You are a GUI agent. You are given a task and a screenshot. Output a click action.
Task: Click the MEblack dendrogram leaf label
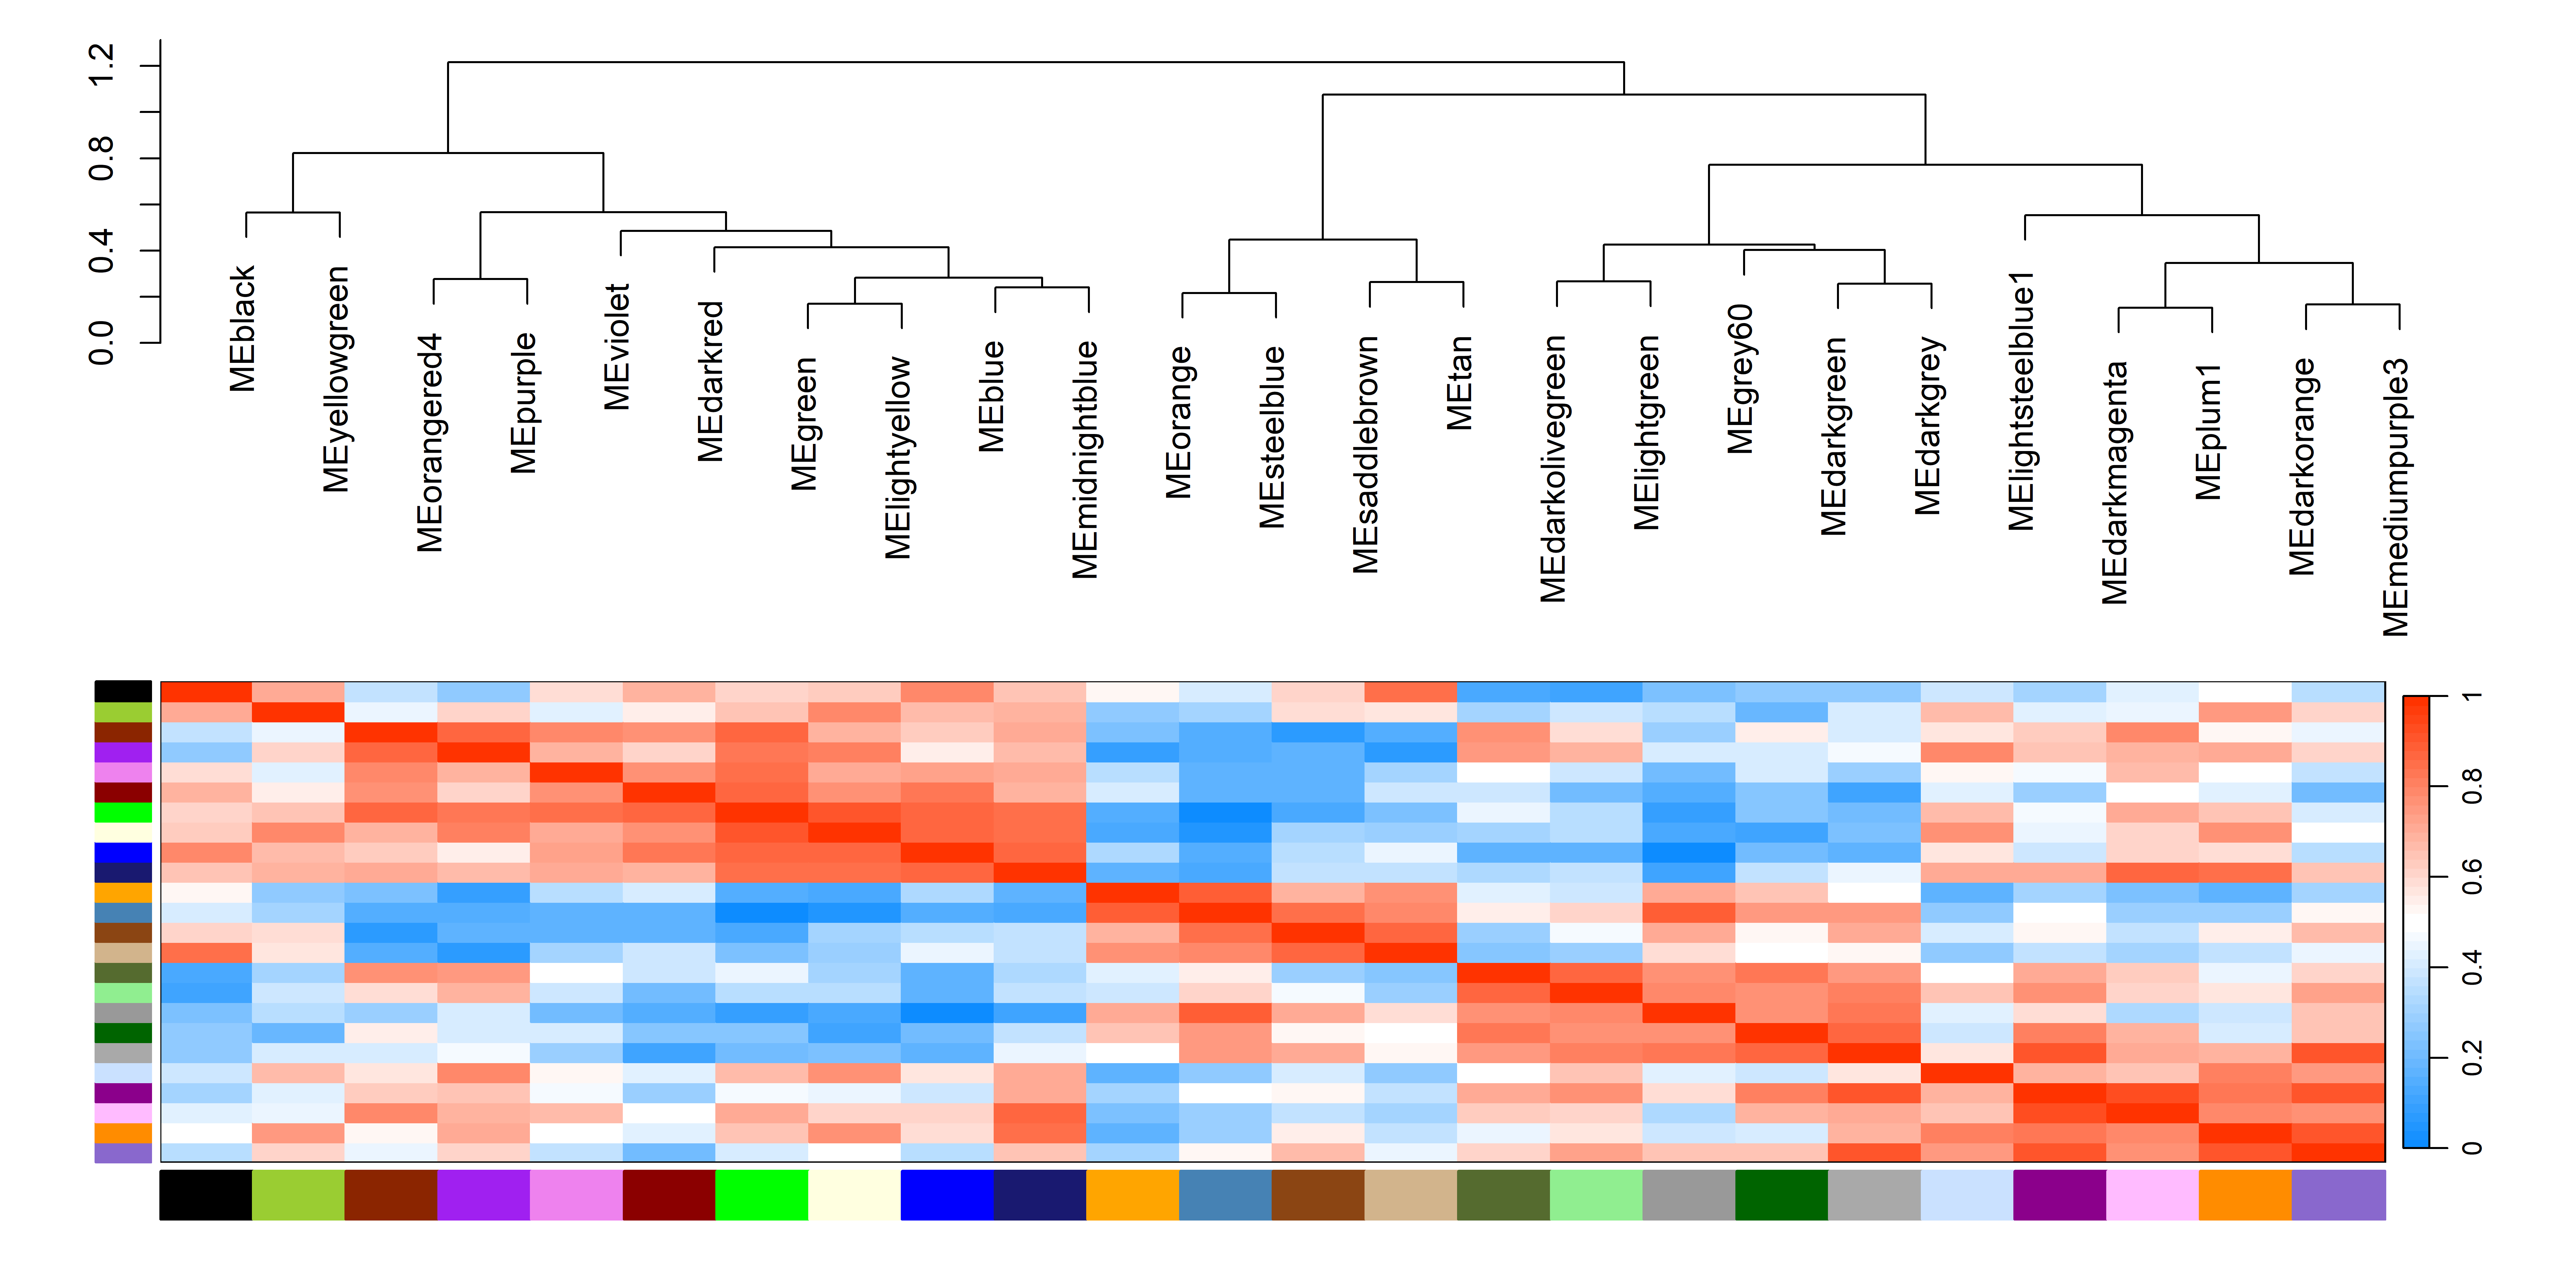[x=243, y=329]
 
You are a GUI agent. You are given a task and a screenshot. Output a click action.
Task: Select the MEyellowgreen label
[x=337, y=380]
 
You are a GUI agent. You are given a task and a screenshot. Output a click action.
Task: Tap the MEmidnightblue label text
[x=1086, y=459]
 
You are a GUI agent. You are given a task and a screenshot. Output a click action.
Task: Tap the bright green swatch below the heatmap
[x=761, y=1194]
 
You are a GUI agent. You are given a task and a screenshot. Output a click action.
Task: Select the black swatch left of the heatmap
[x=124, y=691]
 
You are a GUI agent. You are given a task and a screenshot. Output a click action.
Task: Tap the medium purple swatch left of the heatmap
[x=124, y=1152]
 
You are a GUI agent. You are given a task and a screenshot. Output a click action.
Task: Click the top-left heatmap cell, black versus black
[x=206, y=692]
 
